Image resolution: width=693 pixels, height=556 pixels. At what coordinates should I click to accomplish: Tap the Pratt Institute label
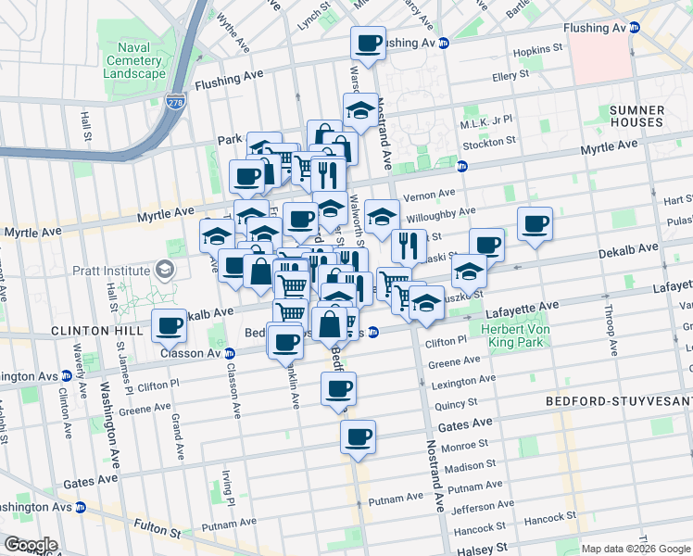click(x=111, y=270)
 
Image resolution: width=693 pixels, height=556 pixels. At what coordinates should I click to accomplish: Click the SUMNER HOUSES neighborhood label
click(x=636, y=116)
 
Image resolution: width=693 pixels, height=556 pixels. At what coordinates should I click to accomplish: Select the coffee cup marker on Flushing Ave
click(x=368, y=43)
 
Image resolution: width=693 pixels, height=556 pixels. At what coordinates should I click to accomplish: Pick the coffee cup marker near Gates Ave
click(x=358, y=435)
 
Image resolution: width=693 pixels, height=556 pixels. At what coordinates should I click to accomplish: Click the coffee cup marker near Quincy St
click(x=339, y=388)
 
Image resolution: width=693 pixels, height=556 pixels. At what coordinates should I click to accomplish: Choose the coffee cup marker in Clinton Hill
click(x=169, y=324)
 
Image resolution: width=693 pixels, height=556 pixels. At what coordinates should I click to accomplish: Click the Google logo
click(x=30, y=545)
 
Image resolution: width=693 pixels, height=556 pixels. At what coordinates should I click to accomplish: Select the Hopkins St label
click(x=541, y=47)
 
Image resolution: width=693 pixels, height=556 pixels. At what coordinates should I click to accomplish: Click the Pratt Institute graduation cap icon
click(x=165, y=270)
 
